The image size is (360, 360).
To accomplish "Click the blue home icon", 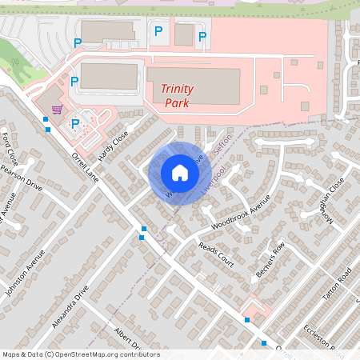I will [179, 172].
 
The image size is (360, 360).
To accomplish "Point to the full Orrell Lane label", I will [84, 166].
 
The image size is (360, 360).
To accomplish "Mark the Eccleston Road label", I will [326, 340].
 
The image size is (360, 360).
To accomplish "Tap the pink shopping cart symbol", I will [57, 110].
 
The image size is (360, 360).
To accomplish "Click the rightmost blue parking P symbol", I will [202, 36].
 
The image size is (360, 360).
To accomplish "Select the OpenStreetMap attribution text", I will [81, 354].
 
